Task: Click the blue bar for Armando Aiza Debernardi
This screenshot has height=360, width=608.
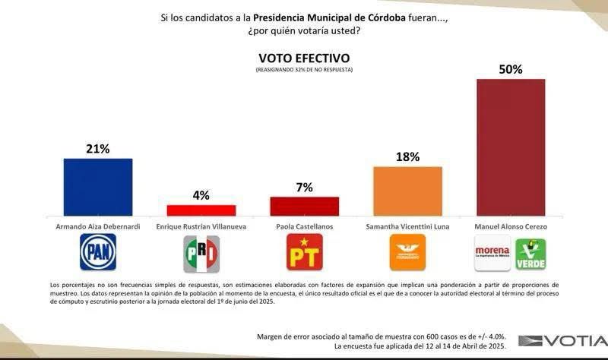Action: click(x=97, y=187)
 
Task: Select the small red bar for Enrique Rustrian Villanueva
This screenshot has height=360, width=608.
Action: click(x=201, y=210)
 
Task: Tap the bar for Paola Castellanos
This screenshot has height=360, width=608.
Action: click(x=304, y=207)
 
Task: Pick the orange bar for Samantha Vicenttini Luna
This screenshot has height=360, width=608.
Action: click(x=407, y=191)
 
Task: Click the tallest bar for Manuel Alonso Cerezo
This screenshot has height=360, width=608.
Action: click(x=510, y=147)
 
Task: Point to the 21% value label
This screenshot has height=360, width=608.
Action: click(x=97, y=149)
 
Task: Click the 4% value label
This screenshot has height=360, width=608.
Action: click(x=201, y=195)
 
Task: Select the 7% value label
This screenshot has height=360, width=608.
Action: click(x=304, y=188)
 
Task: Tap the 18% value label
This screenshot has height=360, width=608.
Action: click(x=407, y=157)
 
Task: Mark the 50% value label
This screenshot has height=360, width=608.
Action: click(x=510, y=69)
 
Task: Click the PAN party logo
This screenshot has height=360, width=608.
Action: click(x=98, y=252)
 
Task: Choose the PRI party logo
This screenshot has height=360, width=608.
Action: click(x=201, y=254)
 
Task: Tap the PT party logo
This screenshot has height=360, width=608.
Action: click(x=304, y=252)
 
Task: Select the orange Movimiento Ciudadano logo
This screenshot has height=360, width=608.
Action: click(x=407, y=252)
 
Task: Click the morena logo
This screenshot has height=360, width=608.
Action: click(x=492, y=254)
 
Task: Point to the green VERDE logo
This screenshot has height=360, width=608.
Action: click(x=530, y=254)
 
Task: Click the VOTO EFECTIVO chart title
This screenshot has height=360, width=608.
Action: click(x=304, y=58)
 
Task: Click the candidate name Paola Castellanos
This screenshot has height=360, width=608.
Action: click(x=304, y=226)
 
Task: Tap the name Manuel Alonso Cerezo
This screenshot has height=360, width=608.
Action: click(x=510, y=226)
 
